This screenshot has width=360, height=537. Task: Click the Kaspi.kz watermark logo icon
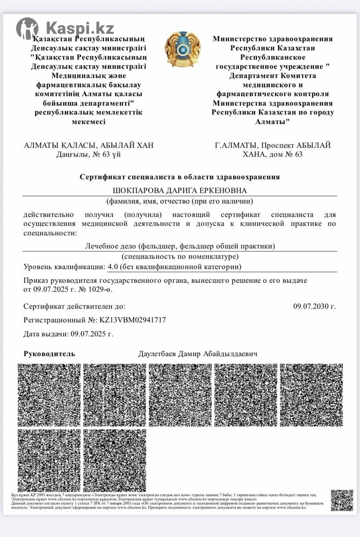tap(27, 29)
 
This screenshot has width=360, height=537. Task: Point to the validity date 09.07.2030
tap(314, 307)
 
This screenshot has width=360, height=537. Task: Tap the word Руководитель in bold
tap(49, 354)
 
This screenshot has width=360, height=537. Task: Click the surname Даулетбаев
tap(158, 354)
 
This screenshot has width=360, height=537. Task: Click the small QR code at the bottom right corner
tap(342, 500)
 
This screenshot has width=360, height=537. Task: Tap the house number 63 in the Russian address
tap(297, 154)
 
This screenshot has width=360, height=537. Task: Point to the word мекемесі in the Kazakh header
tap(89, 122)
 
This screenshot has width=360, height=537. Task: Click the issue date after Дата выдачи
tap(92, 334)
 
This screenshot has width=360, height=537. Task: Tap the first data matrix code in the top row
tap(49, 395)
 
